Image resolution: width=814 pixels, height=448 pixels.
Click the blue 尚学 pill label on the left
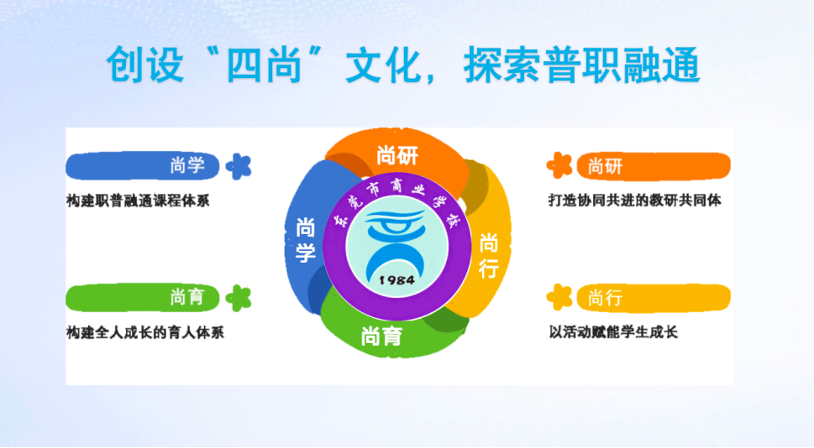pyautogui.click(x=142, y=166)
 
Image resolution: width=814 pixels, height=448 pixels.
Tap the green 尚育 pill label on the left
pyautogui.click(x=142, y=298)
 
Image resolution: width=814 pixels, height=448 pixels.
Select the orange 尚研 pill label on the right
pyautogui.click(x=654, y=166)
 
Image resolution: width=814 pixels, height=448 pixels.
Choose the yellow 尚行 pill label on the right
pyautogui.click(x=654, y=298)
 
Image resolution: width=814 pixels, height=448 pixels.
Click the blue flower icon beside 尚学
pyautogui.click(x=239, y=166)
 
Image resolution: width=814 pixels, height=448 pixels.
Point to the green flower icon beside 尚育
pyautogui.click(x=239, y=298)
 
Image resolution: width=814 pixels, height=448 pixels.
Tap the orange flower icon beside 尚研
pyautogui.click(x=559, y=165)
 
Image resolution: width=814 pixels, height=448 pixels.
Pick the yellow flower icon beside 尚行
pyautogui.click(x=559, y=297)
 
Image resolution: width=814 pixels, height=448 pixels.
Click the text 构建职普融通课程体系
pyautogui.click(x=138, y=201)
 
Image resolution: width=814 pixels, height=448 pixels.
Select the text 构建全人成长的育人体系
pyautogui.click(x=145, y=332)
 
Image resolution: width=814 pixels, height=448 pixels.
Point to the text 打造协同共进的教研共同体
pyautogui.click(x=635, y=201)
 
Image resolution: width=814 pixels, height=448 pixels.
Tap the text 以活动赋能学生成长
pyautogui.click(x=613, y=332)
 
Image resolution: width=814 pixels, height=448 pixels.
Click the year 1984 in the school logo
pyautogui.click(x=397, y=280)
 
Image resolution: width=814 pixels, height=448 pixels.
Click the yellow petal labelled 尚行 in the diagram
pyautogui.click(x=488, y=254)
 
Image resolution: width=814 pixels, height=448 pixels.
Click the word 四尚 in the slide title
pyautogui.click(x=265, y=65)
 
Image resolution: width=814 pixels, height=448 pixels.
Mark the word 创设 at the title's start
pyautogui.click(x=145, y=65)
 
